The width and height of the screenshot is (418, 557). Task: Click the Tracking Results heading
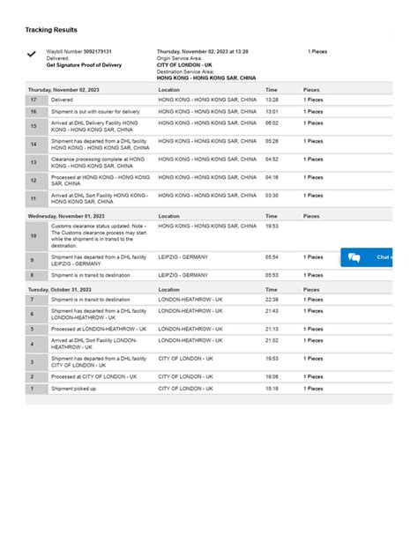[x=51, y=29]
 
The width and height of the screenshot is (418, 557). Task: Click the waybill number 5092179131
[x=97, y=52]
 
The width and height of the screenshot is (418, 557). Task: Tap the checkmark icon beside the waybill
[x=32, y=55]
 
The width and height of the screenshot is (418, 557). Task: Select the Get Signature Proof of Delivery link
[x=85, y=65]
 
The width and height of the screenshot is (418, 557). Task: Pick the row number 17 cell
[x=34, y=100]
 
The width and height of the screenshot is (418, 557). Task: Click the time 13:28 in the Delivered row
[x=272, y=100]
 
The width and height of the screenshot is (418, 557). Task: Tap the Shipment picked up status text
[x=74, y=389]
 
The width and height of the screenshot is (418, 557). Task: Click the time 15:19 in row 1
[x=272, y=389]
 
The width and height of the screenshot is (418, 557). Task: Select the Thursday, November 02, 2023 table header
[x=66, y=90]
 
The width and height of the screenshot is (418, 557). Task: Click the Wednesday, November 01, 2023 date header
[x=66, y=216]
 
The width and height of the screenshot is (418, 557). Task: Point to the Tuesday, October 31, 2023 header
[x=62, y=289]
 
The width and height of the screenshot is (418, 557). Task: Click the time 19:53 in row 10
[x=272, y=227]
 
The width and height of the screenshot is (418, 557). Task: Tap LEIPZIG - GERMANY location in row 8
[x=183, y=275]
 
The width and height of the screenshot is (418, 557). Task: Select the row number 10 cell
[x=34, y=236]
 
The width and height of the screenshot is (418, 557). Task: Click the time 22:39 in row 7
[x=272, y=300]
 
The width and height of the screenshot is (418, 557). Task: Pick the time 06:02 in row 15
[x=272, y=123]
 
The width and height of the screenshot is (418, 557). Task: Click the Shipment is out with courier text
[x=95, y=112]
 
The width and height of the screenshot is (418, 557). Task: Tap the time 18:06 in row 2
[x=272, y=376]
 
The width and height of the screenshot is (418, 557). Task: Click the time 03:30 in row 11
[x=272, y=196]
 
